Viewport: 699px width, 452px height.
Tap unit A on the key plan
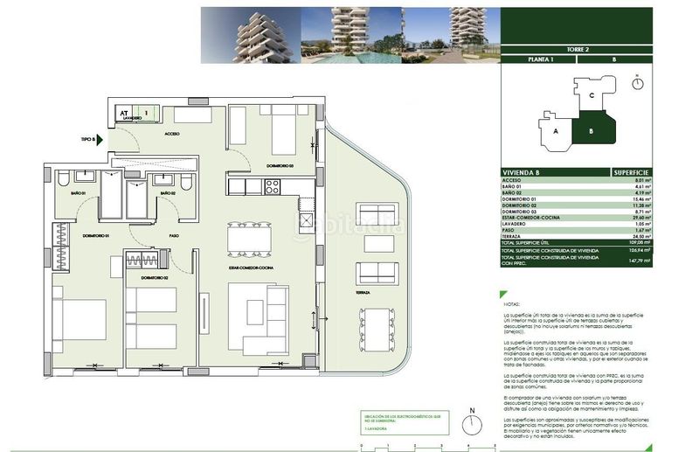tap(556, 130)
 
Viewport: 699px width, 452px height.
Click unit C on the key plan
tap(592, 96)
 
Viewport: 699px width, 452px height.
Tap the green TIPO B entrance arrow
tap(100, 138)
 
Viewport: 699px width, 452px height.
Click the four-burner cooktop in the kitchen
tap(272, 186)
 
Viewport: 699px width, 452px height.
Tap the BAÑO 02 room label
tap(167, 192)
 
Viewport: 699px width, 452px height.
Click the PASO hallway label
tap(174, 235)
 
